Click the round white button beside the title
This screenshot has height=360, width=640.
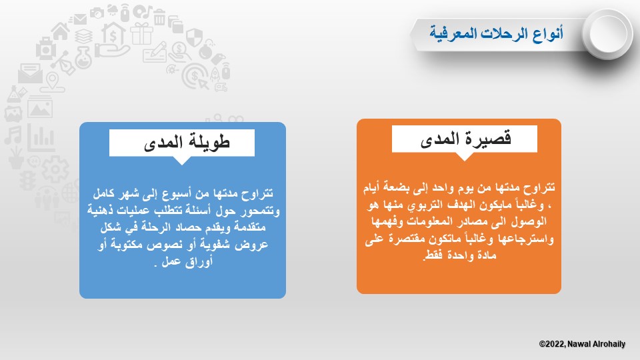point(607,33)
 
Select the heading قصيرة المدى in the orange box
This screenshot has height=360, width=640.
point(465,139)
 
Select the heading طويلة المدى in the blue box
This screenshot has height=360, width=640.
point(187,142)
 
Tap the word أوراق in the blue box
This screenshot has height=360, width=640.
point(199,261)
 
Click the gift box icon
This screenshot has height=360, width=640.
point(141,33)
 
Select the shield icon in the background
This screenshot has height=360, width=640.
point(194,37)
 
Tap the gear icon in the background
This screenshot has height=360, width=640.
point(55,169)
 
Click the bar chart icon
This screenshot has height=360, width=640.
point(41,137)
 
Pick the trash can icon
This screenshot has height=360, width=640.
point(159,17)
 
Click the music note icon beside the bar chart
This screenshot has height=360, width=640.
point(13,135)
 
